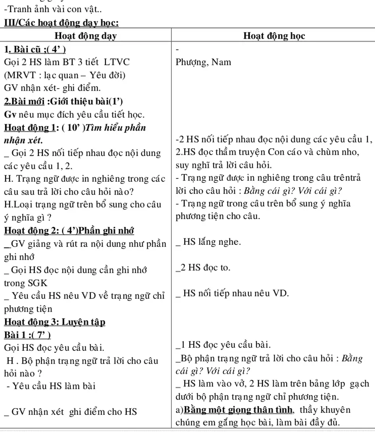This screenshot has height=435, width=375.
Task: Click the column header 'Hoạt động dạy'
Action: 85,36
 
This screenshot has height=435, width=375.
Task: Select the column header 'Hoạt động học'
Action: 274,36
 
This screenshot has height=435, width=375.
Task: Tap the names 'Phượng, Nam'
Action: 204,62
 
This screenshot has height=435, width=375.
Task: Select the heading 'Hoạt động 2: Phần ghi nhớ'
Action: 69,231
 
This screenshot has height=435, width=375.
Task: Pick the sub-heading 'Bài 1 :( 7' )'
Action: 27,335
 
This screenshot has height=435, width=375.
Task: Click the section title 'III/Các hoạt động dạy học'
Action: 61,23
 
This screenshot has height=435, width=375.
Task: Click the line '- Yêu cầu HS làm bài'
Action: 51,386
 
